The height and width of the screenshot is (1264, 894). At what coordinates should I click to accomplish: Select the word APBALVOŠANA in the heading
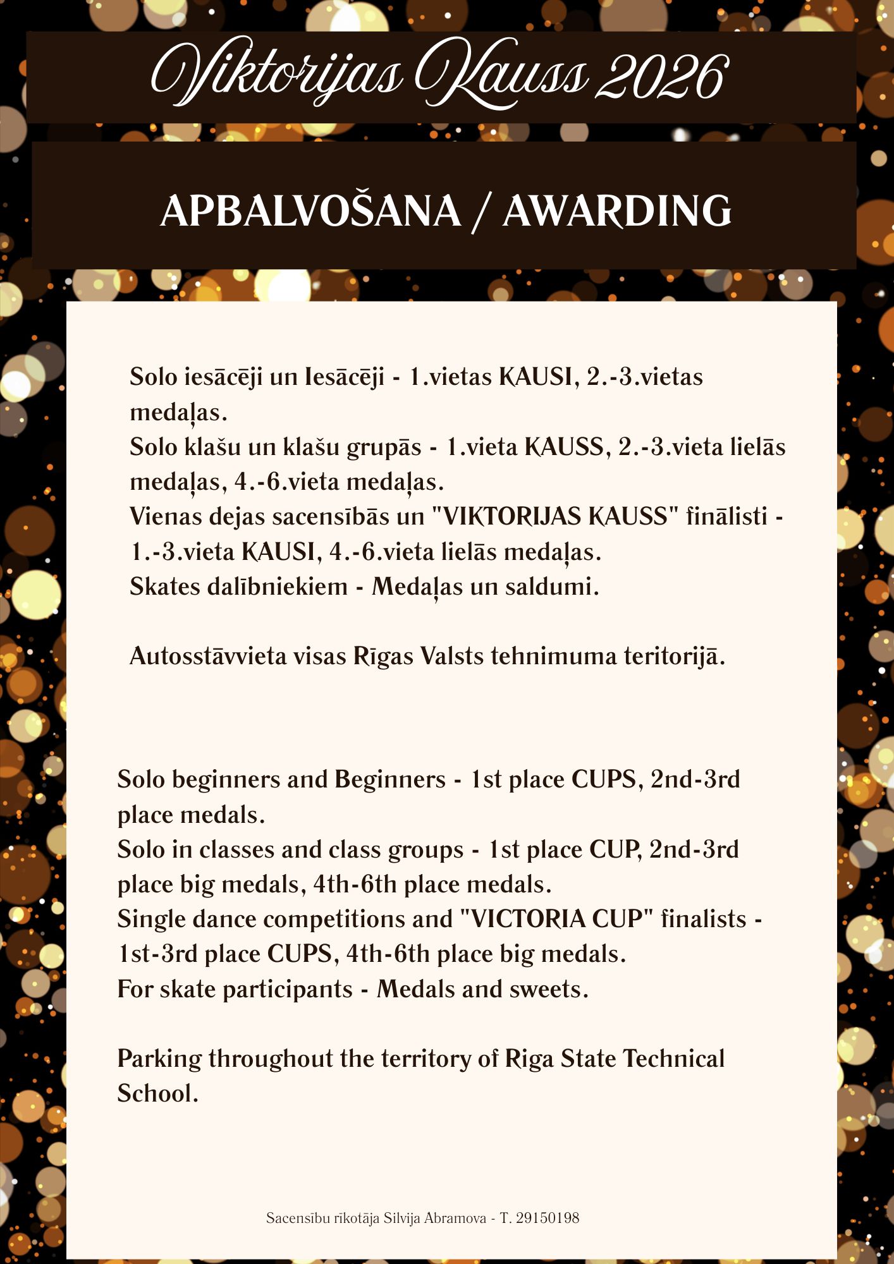point(310,211)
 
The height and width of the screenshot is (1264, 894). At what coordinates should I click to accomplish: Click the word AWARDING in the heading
point(617,211)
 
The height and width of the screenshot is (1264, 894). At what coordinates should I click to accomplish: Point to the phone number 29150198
point(548,1218)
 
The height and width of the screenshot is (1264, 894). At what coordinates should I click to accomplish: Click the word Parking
point(159,1059)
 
